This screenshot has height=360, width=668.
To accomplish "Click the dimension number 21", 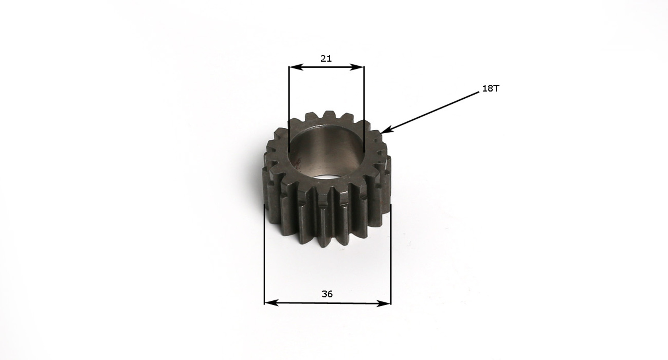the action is (x=326, y=58).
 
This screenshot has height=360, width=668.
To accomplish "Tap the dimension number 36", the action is (x=327, y=294).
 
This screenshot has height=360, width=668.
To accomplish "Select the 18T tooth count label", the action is (x=491, y=89).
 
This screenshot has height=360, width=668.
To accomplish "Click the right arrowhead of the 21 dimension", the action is (x=357, y=67).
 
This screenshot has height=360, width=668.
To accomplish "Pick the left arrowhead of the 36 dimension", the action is (x=271, y=303).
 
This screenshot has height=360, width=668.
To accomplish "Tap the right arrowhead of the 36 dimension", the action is (x=383, y=304).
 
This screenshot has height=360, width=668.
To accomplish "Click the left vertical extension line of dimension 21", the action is (x=289, y=109).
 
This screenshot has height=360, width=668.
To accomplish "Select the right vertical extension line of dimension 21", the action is (x=364, y=109).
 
